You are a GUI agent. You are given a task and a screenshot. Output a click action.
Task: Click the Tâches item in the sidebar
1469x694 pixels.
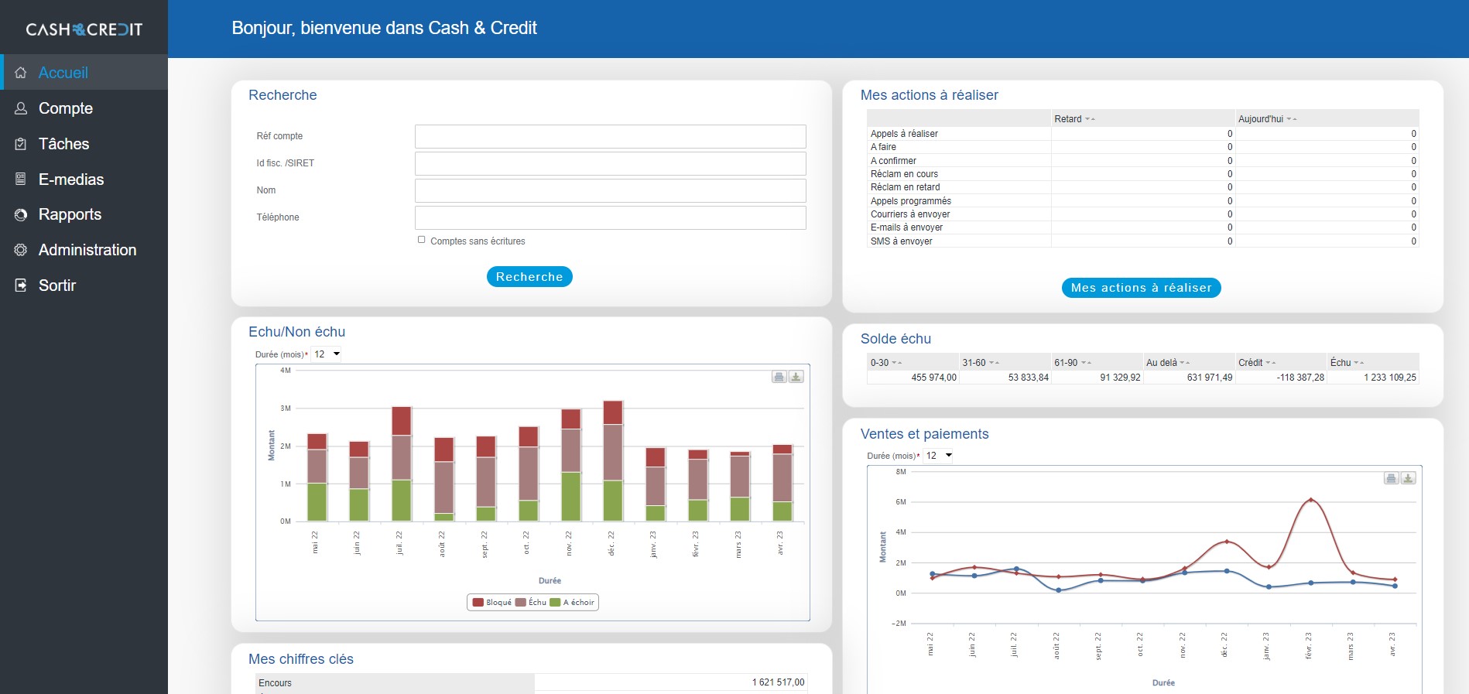[x=63, y=144]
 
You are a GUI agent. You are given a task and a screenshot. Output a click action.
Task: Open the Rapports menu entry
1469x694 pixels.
[x=70, y=214]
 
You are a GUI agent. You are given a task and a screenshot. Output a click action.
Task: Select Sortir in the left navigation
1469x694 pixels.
[x=56, y=285]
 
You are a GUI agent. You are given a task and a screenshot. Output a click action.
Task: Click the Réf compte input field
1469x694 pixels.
[x=610, y=136]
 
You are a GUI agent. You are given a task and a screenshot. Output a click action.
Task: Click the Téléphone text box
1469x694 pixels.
[x=610, y=217]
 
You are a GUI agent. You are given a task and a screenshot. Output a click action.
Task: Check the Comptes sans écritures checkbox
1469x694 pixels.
[x=422, y=240]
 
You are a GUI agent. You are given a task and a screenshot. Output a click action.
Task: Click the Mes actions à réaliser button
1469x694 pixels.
[x=1141, y=288]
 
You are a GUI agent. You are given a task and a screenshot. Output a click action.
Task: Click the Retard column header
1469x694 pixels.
[x=1068, y=119]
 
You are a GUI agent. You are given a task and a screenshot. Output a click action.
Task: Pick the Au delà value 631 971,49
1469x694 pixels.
[x=1209, y=378]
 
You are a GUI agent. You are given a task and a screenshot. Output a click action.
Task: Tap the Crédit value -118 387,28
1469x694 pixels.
[x=1300, y=378]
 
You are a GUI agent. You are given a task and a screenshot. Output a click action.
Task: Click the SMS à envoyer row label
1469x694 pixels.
[x=901, y=241]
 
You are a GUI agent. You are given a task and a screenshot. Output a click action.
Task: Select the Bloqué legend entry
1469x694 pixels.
[x=492, y=603]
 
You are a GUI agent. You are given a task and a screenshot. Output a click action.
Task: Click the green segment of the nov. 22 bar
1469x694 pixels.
[x=570, y=496]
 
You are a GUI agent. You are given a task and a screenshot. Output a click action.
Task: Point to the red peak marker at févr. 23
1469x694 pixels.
[x=1310, y=501]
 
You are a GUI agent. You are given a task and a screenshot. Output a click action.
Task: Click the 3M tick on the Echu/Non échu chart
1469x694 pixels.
[x=286, y=409]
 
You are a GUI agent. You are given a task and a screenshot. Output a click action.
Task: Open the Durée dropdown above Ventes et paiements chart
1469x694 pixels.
[x=939, y=456]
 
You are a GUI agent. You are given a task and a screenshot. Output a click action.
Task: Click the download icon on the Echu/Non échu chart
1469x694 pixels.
[x=796, y=377]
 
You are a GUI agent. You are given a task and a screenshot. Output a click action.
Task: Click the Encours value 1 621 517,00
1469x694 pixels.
[x=778, y=682]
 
